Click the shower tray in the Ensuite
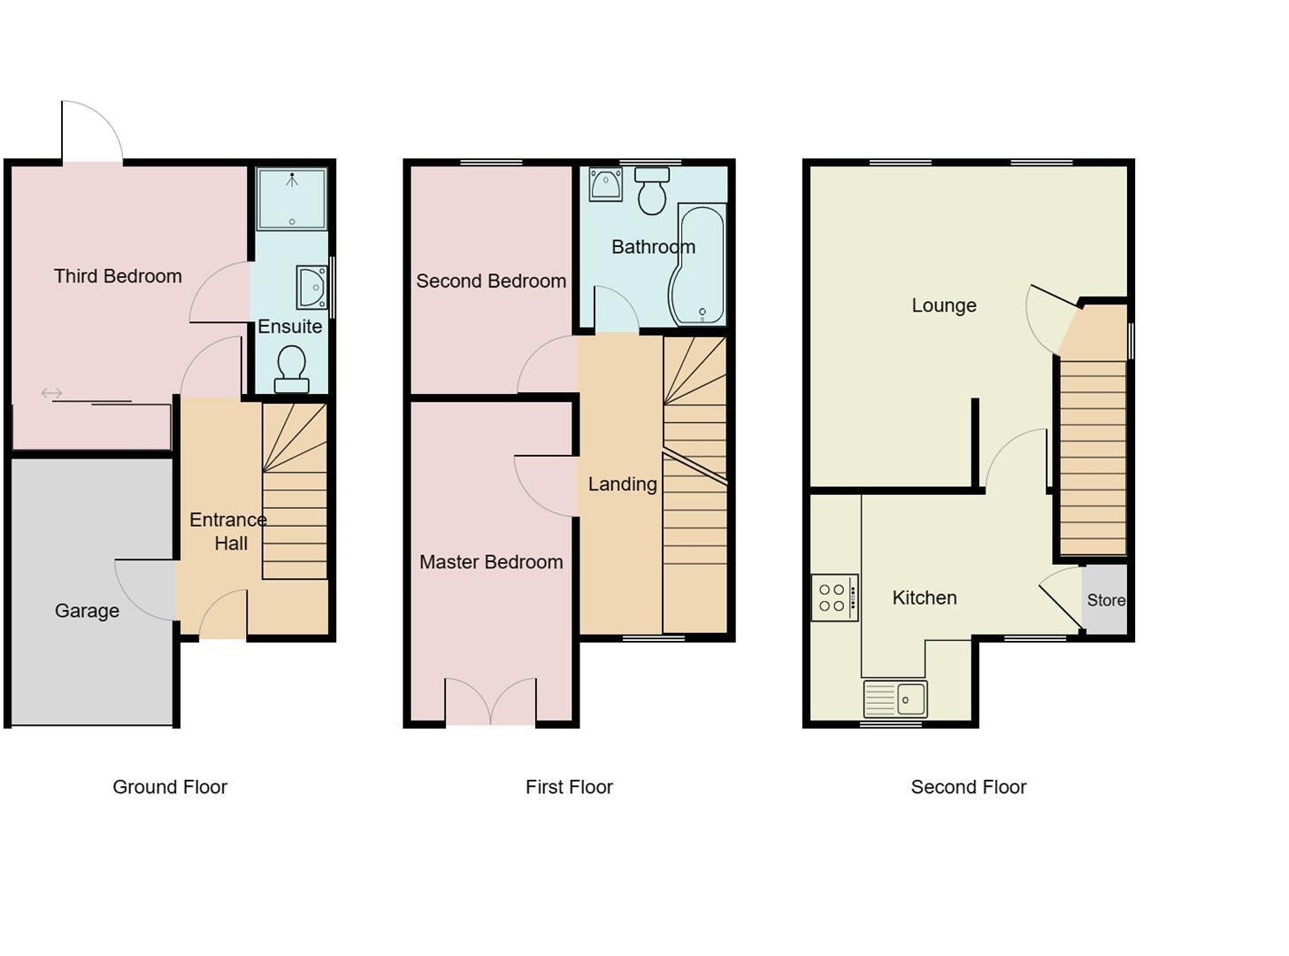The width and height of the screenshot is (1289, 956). click(291, 198)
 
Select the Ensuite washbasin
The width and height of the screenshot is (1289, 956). click(312, 287)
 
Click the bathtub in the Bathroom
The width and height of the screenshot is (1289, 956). click(699, 265)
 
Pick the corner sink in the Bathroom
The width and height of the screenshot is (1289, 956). click(606, 184)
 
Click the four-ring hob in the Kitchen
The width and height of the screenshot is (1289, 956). click(834, 597)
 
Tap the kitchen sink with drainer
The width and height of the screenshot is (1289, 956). click(895, 698)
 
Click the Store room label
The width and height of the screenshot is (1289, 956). click(1106, 600)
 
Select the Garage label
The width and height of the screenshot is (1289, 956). click(87, 611)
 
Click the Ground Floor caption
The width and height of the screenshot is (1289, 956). click(170, 787)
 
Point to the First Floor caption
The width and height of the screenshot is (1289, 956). click(569, 787)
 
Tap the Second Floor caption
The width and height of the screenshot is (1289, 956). click(968, 787)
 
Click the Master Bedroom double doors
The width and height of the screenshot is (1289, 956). click(490, 702)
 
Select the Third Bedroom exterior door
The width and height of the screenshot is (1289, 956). click(92, 133)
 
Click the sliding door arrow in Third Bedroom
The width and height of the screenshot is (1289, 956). click(51, 393)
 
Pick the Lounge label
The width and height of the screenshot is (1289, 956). click(944, 305)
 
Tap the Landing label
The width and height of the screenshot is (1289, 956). click(622, 484)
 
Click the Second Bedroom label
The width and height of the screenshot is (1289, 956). click(491, 281)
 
